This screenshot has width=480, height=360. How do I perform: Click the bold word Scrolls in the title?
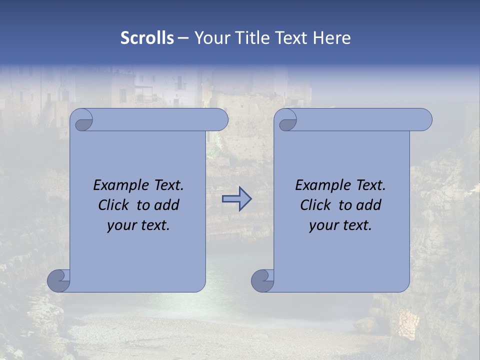[x=147, y=38]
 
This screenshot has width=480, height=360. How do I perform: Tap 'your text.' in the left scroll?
[x=138, y=225]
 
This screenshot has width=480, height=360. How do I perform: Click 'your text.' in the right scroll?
[x=340, y=225]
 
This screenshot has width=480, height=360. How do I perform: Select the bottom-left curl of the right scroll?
[x=263, y=280]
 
